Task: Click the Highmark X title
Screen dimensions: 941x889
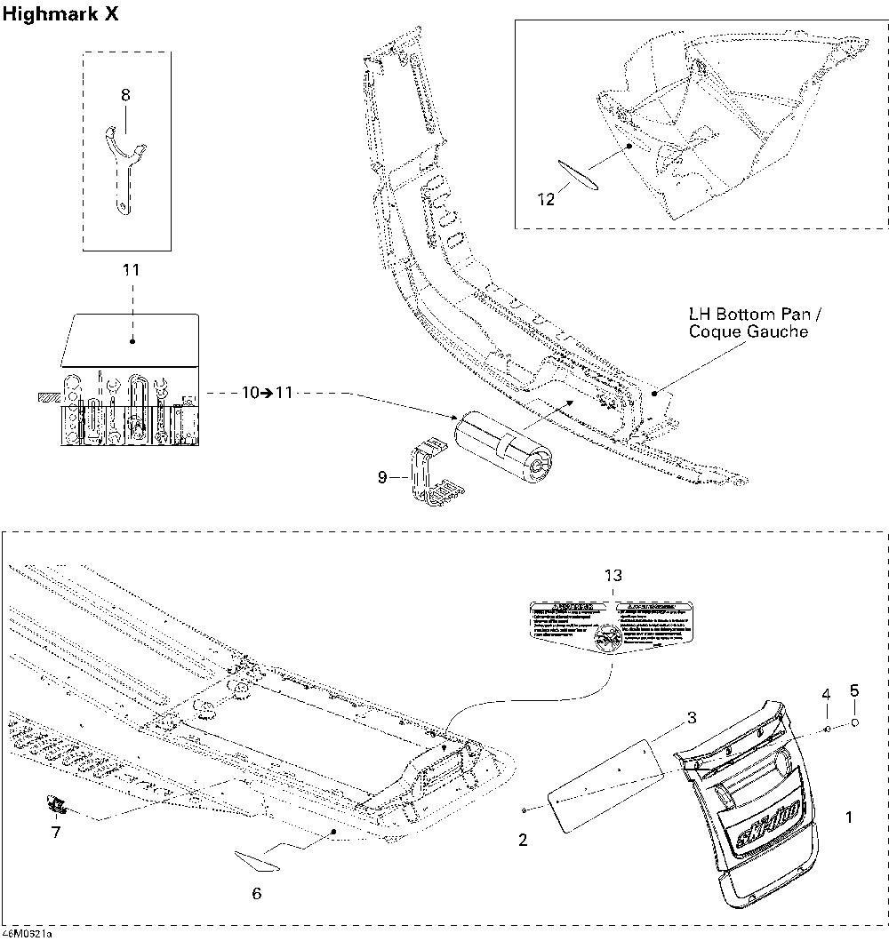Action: click(60, 15)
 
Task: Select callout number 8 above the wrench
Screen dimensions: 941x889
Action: click(125, 93)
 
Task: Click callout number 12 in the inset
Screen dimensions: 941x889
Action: click(546, 200)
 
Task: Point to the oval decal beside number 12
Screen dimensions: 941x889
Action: click(579, 174)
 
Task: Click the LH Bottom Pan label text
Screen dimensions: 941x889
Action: click(749, 323)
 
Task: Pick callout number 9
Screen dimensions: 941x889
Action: click(382, 478)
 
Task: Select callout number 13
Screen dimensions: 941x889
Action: click(613, 576)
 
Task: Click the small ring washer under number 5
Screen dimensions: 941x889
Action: click(855, 723)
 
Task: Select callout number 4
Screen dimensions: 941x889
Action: click(826, 693)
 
